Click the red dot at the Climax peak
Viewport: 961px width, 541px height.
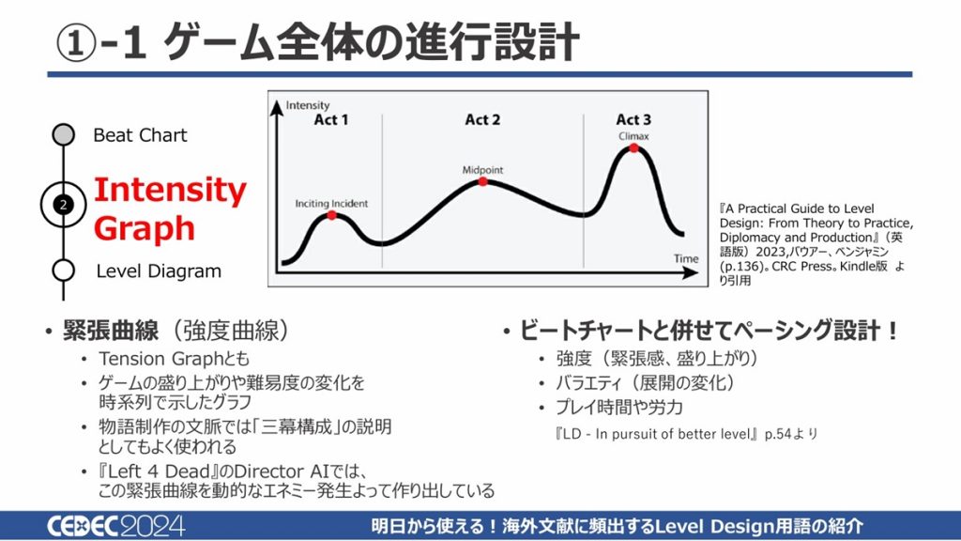tap(633, 147)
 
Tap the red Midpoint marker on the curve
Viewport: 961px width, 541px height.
tap(483, 181)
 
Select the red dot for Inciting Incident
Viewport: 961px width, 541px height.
tap(331, 215)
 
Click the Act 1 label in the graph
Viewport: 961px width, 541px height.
tap(331, 119)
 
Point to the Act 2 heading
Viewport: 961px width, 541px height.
tap(482, 119)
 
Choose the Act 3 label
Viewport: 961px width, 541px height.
tap(633, 119)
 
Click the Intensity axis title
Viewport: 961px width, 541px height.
tap(308, 105)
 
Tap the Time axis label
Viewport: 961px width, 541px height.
tap(686, 259)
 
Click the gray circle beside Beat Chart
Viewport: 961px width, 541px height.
tap(63, 134)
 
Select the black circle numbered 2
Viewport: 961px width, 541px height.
tap(63, 204)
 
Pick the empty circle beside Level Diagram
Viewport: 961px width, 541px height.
tap(63, 270)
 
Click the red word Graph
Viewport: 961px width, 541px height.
tap(145, 229)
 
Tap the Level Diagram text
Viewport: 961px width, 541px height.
tap(159, 271)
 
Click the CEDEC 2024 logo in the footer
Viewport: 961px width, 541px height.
tap(115, 526)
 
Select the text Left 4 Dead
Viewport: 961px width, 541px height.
tap(161, 471)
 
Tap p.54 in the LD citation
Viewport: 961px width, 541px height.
tap(778, 434)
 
